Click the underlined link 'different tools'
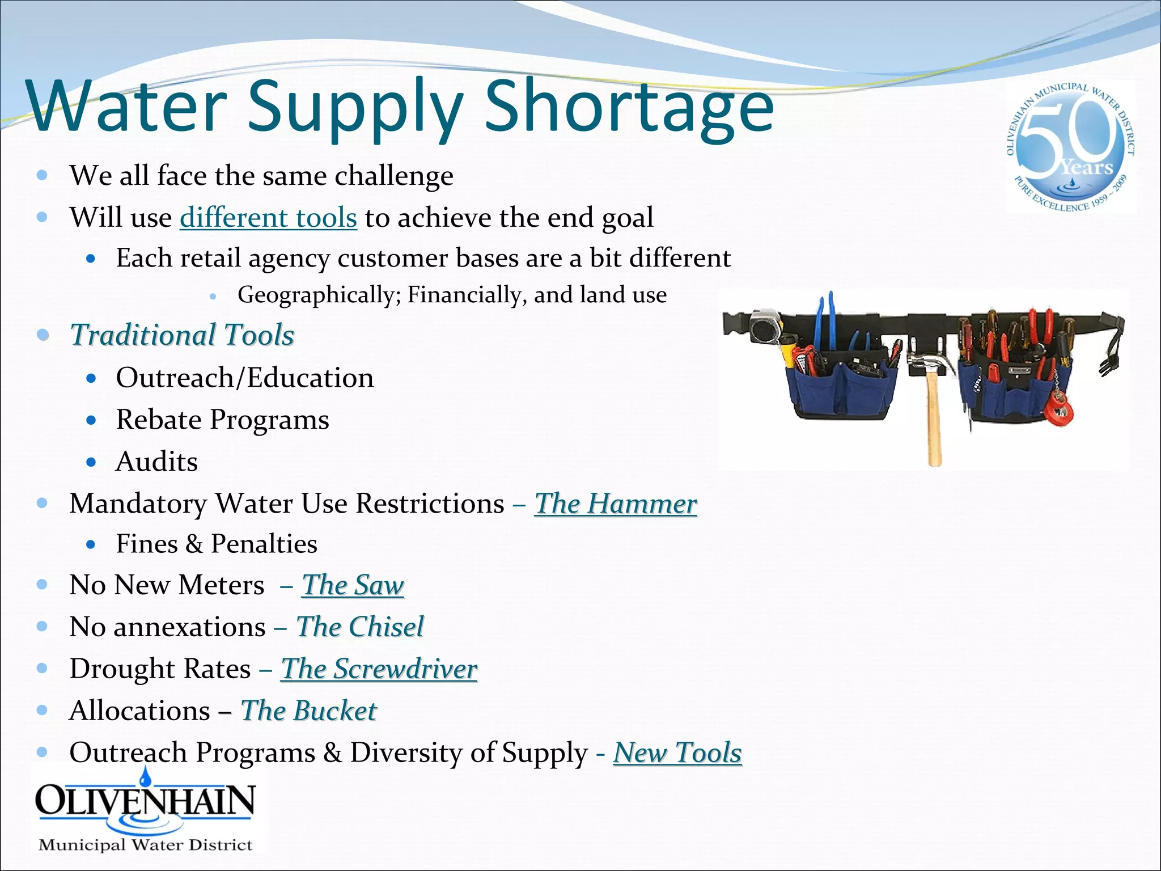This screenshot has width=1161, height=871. click(268, 218)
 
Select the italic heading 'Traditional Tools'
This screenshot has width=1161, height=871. click(182, 335)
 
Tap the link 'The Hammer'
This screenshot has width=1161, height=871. click(616, 504)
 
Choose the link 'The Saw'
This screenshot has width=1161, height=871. click(353, 585)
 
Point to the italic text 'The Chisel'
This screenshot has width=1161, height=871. click(360, 627)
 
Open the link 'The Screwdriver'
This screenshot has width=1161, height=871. click(379, 669)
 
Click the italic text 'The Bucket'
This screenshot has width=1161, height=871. click(308, 711)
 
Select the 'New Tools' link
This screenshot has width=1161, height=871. click(677, 753)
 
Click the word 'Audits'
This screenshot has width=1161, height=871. click(157, 462)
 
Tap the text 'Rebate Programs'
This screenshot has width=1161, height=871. click(222, 420)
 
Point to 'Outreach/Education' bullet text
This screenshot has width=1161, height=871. click(245, 378)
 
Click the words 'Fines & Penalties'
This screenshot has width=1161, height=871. click(217, 544)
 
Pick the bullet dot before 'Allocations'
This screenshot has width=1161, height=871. click(42, 710)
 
